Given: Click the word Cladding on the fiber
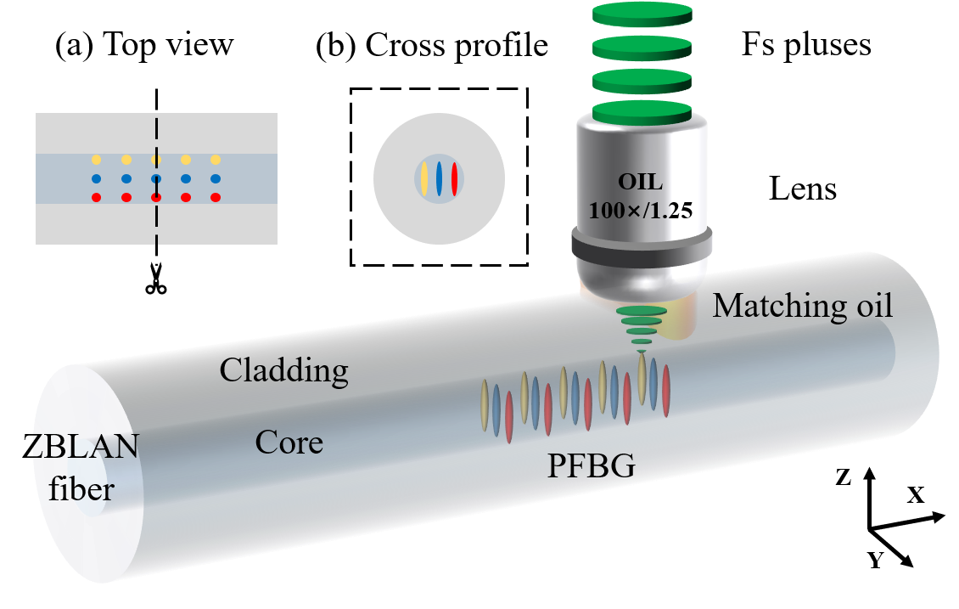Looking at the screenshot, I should click(283, 370).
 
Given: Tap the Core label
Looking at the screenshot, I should click(289, 443).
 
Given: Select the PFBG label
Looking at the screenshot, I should click(591, 465).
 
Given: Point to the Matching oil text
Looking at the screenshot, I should click(802, 305).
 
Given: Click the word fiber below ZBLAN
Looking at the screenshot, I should click(81, 490).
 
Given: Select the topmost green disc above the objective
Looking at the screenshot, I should click(642, 14).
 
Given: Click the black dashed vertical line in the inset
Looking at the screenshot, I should click(156, 221).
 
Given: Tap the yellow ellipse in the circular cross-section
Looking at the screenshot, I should click(423, 178).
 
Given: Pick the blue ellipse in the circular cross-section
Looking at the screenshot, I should click(439, 178).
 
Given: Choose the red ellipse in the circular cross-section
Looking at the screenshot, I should click(455, 178).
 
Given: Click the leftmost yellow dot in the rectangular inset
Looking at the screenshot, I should click(96, 160).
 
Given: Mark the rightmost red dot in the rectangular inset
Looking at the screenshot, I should click(216, 198).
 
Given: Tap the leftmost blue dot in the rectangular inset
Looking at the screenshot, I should click(96, 178).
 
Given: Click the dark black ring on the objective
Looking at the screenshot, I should click(641, 245).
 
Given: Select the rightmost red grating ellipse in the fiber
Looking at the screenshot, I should click(666, 390).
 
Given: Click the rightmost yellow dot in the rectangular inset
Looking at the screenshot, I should click(216, 160).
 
